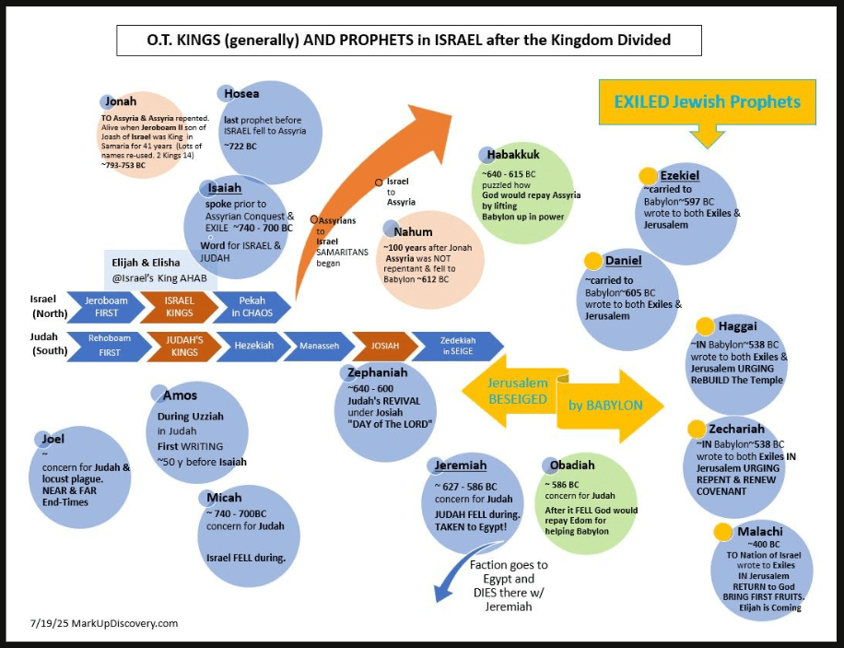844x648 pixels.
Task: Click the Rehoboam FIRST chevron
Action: (104, 345)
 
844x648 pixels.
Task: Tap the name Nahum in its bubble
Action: (413, 231)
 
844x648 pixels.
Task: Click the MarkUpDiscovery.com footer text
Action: (103, 623)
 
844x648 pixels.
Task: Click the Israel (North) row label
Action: (41, 306)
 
